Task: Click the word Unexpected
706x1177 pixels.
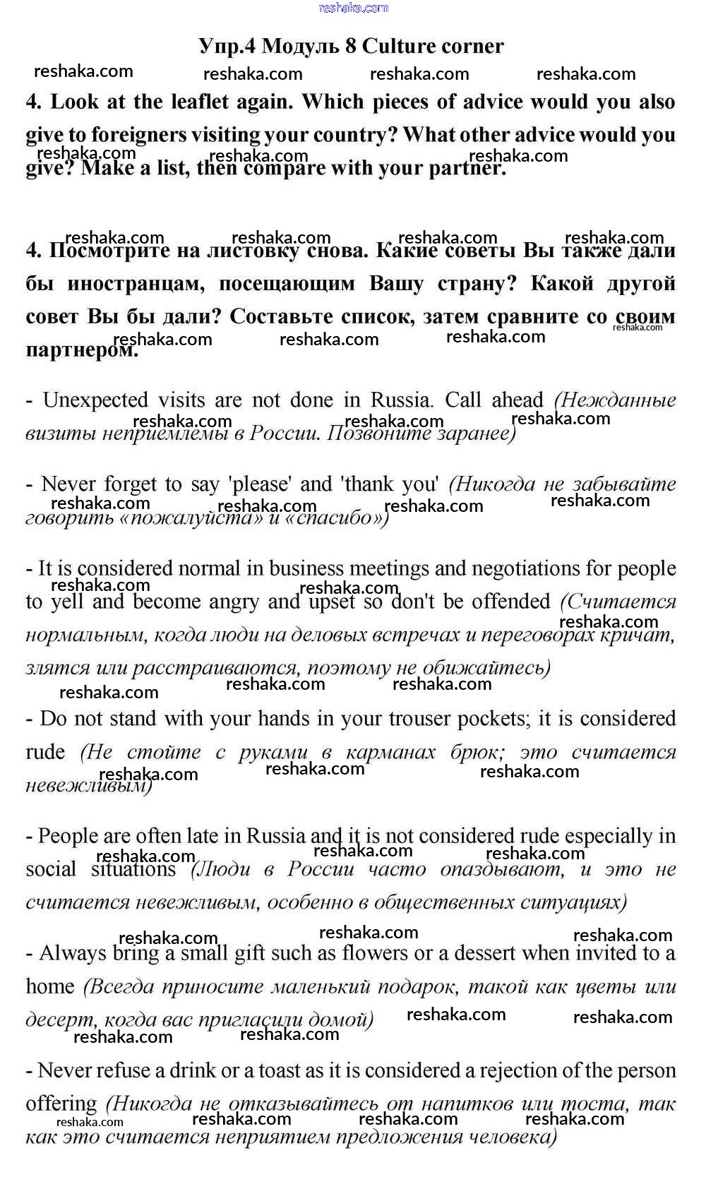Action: [96, 400]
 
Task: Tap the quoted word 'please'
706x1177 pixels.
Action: [260, 484]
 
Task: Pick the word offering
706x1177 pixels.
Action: [61, 1104]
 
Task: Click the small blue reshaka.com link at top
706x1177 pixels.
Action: [353, 8]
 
